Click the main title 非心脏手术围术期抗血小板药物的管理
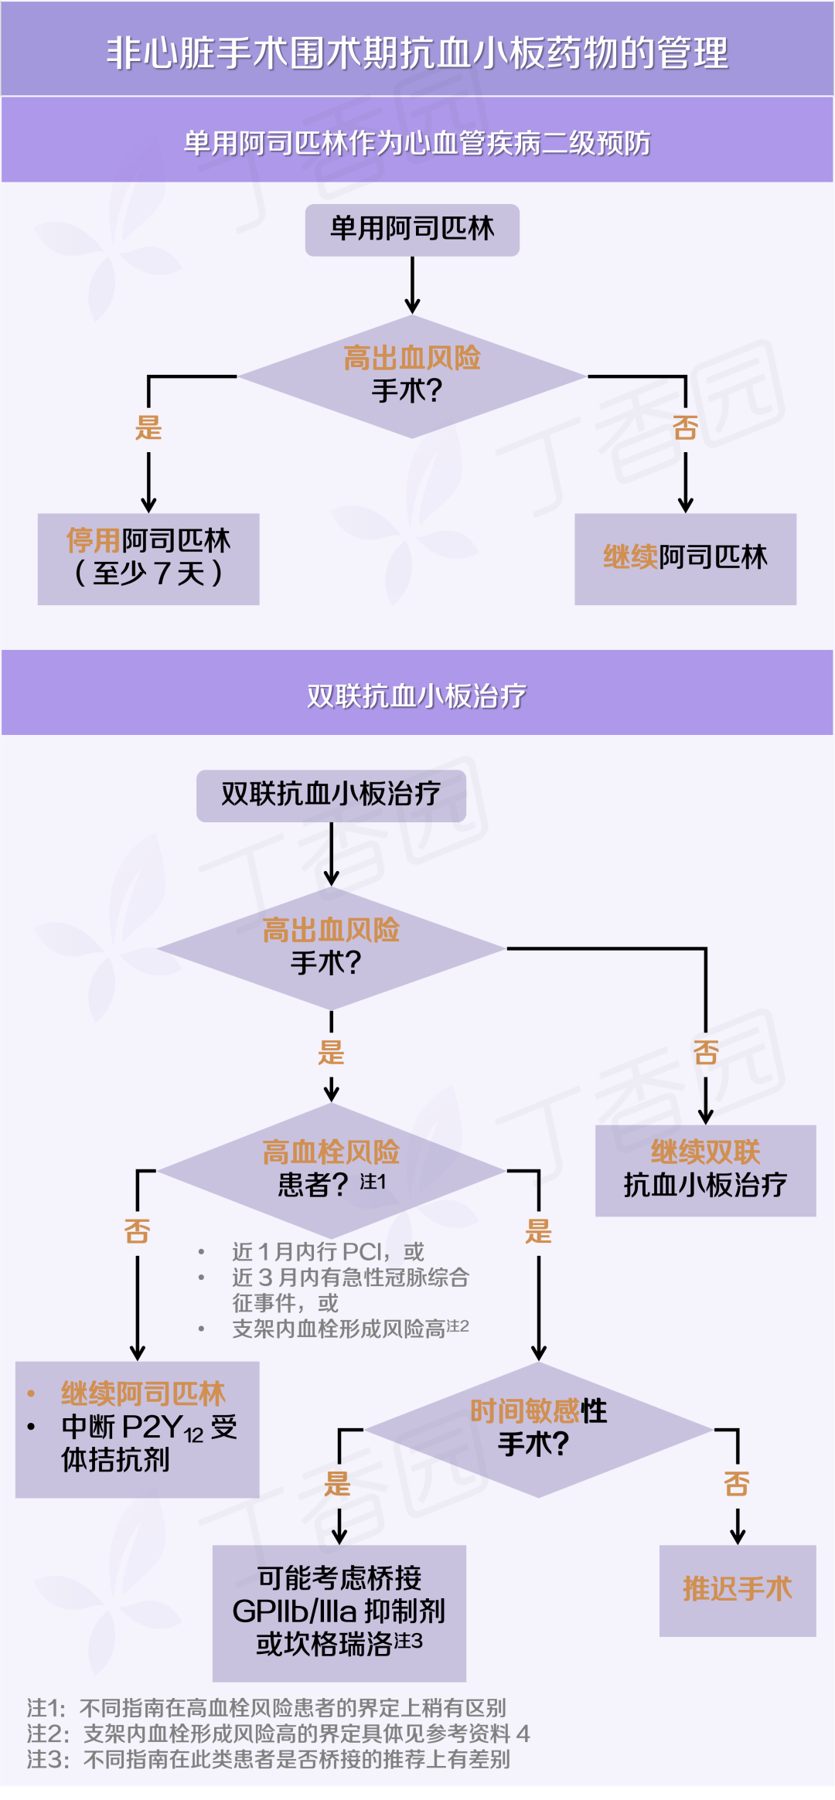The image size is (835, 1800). coord(417,53)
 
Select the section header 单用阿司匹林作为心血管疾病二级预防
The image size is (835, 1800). coord(417,143)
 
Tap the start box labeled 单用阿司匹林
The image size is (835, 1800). coord(412,230)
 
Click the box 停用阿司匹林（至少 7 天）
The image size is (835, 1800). coord(148,558)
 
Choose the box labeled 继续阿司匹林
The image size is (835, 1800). coord(685,558)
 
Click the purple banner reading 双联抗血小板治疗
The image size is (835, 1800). coord(417,696)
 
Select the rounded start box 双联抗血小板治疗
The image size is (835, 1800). coord(331,795)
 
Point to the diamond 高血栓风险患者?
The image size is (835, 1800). coord(331,1169)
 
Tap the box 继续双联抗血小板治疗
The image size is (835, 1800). coord(705,1170)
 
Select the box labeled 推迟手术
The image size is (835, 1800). coord(738,1590)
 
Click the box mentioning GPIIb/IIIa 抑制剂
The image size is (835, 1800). coord(339,1612)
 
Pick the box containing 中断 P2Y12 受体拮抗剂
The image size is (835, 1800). coord(138,1428)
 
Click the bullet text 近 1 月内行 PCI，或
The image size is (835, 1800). coord(328,1251)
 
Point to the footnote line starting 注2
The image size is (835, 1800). coord(278,1734)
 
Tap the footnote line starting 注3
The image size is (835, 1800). coord(268,1760)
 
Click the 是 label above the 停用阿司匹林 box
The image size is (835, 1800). coord(148,427)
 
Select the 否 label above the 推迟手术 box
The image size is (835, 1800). coord(737,1484)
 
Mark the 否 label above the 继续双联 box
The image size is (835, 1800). coord(706,1052)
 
